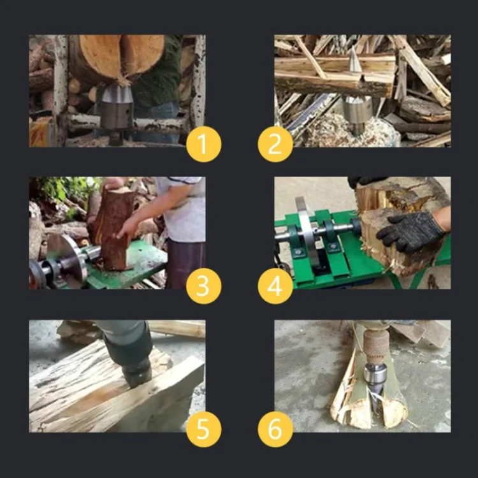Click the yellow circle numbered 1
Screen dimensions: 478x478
[x=204, y=144]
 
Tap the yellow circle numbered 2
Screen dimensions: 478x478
[x=275, y=144]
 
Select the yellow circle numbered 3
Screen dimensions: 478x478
[x=204, y=286]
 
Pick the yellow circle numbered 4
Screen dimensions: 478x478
[x=275, y=286]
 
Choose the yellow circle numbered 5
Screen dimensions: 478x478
[x=204, y=430]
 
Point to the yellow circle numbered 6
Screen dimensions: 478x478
[x=275, y=430]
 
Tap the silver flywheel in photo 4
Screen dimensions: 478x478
[x=307, y=232]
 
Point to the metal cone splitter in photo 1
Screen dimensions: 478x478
[x=117, y=106]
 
